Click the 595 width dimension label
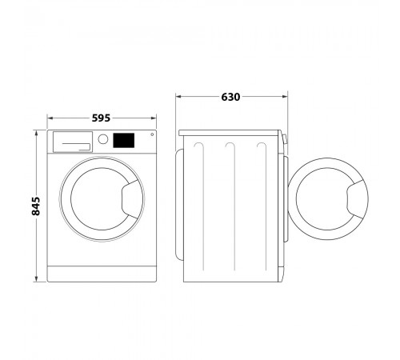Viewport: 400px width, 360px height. point(101,118)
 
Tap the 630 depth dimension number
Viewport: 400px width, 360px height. point(230,97)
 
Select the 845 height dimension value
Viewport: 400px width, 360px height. point(36,206)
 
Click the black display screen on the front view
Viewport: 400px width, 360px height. point(124,140)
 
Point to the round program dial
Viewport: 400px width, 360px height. point(103,139)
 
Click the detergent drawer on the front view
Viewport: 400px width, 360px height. point(73,142)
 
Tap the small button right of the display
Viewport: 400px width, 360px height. point(152,134)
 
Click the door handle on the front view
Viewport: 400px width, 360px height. point(132,199)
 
